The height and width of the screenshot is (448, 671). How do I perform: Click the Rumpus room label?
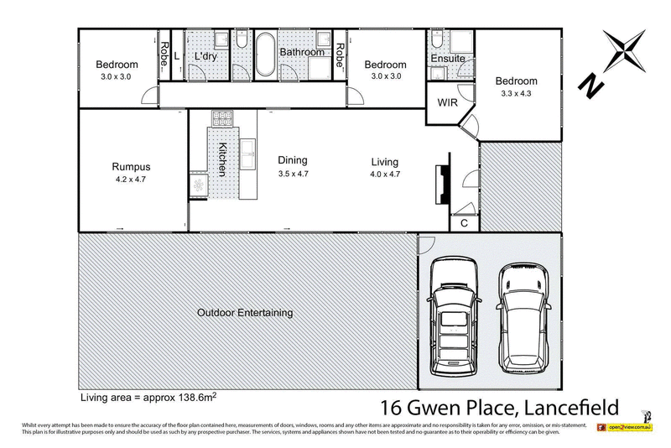coord(131,166)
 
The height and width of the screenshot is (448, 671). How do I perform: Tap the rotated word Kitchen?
coord(222,159)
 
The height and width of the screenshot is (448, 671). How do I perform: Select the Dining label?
coord(293,160)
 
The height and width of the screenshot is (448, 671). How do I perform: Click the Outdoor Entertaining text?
coord(245,313)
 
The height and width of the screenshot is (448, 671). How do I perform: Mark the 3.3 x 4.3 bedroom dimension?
coord(516,94)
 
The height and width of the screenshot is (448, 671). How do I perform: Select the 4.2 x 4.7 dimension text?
coord(131,179)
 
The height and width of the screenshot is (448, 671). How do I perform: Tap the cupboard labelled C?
coord(463,223)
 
